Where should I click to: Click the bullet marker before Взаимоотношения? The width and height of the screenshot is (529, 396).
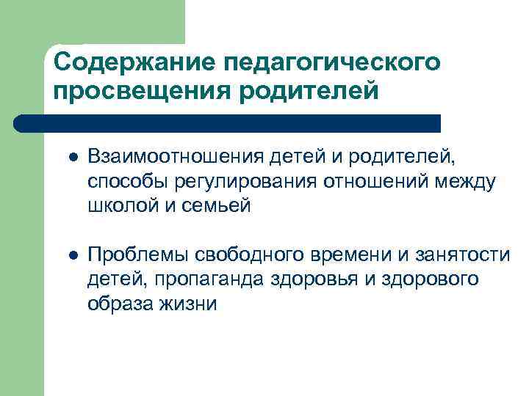point(72,156)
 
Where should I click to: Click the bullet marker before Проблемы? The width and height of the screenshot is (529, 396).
point(72,254)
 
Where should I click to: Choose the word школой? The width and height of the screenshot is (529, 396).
point(118,206)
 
